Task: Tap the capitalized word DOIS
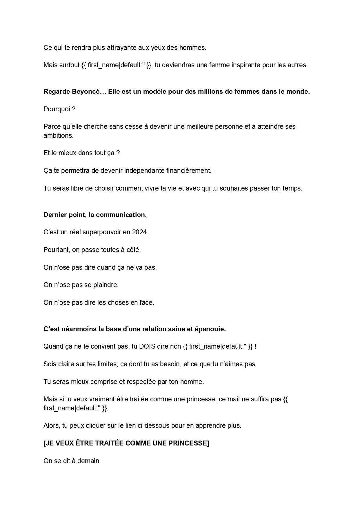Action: (148, 347)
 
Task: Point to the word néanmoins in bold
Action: (72, 329)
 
